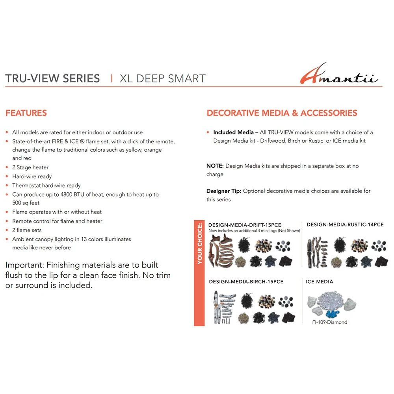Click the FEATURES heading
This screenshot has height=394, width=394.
(26, 113)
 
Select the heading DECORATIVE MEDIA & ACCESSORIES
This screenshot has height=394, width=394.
(282, 113)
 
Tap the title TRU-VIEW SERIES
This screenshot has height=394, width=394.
(52, 78)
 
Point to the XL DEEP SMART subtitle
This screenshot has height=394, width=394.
(162, 78)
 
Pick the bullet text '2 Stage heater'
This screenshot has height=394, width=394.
(30, 167)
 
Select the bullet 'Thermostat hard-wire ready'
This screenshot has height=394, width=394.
(46, 186)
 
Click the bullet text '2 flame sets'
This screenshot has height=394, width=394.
(27, 230)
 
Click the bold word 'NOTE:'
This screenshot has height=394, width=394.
(215, 166)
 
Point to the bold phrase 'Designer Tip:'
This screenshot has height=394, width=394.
(224, 191)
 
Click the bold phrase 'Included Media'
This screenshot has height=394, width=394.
(233, 132)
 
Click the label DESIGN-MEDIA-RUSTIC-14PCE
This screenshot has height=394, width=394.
(345, 225)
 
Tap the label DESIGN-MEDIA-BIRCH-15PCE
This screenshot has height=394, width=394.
(246, 282)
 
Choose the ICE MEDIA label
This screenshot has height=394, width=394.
(320, 282)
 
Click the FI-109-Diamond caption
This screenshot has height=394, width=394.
(330, 322)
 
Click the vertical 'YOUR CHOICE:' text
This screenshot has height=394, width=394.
(200, 244)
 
